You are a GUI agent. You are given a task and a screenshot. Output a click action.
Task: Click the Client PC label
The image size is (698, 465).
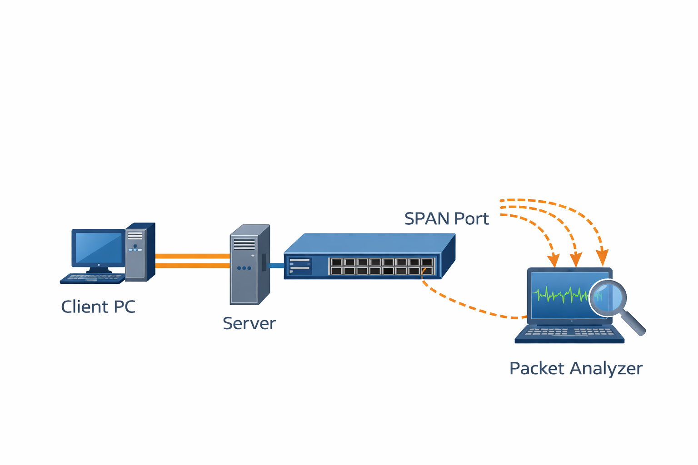[98, 307]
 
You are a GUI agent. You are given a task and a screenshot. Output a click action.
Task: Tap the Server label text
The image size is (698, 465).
[249, 324]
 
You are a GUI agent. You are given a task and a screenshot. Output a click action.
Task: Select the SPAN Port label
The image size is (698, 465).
[446, 219]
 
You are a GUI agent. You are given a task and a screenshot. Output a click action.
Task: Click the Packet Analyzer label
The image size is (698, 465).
[575, 368]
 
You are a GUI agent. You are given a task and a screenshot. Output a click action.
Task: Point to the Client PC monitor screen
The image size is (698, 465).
[98, 248]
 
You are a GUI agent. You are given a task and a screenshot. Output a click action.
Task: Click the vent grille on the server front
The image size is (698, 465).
[244, 244]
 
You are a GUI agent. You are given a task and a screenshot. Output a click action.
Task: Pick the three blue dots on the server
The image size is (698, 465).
[244, 268]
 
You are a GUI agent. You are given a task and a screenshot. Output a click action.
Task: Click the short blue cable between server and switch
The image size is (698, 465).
[276, 265]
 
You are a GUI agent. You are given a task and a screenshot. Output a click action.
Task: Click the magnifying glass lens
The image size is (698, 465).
[607, 298]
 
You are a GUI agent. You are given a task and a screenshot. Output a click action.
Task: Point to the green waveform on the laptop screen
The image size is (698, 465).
[561, 295]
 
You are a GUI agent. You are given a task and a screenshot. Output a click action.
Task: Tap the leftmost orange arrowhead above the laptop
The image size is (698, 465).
[553, 261]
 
